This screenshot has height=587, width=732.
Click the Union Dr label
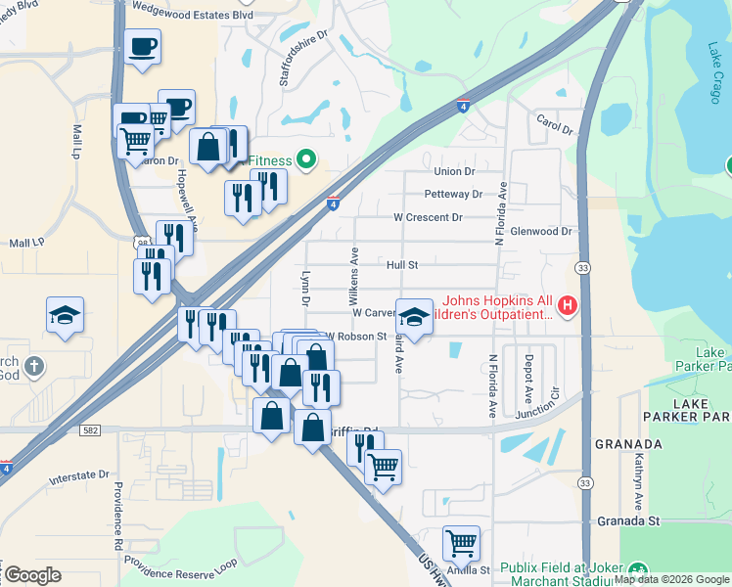pyautogui.click(x=454, y=171)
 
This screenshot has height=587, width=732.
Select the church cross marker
pyautogui.click(x=33, y=367)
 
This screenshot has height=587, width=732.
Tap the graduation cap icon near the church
pyautogui.click(x=65, y=315)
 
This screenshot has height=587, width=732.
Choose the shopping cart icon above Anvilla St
pyautogui.click(x=460, y=541)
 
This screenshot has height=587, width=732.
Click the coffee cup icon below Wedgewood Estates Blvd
pyautogui.click(x=142, y=45)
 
